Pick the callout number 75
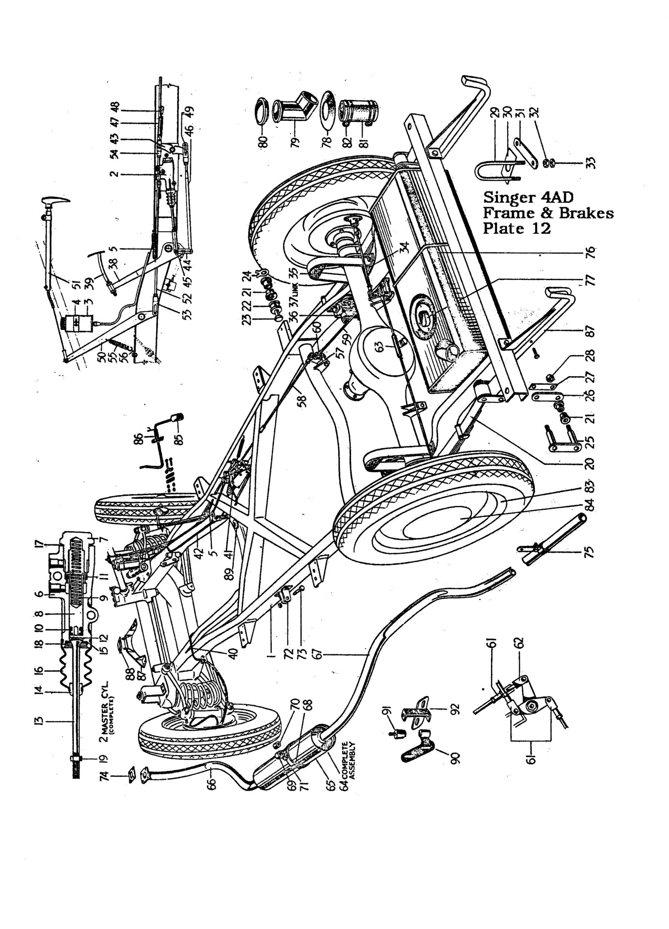[590, 552]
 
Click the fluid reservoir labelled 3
[75, 323]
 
